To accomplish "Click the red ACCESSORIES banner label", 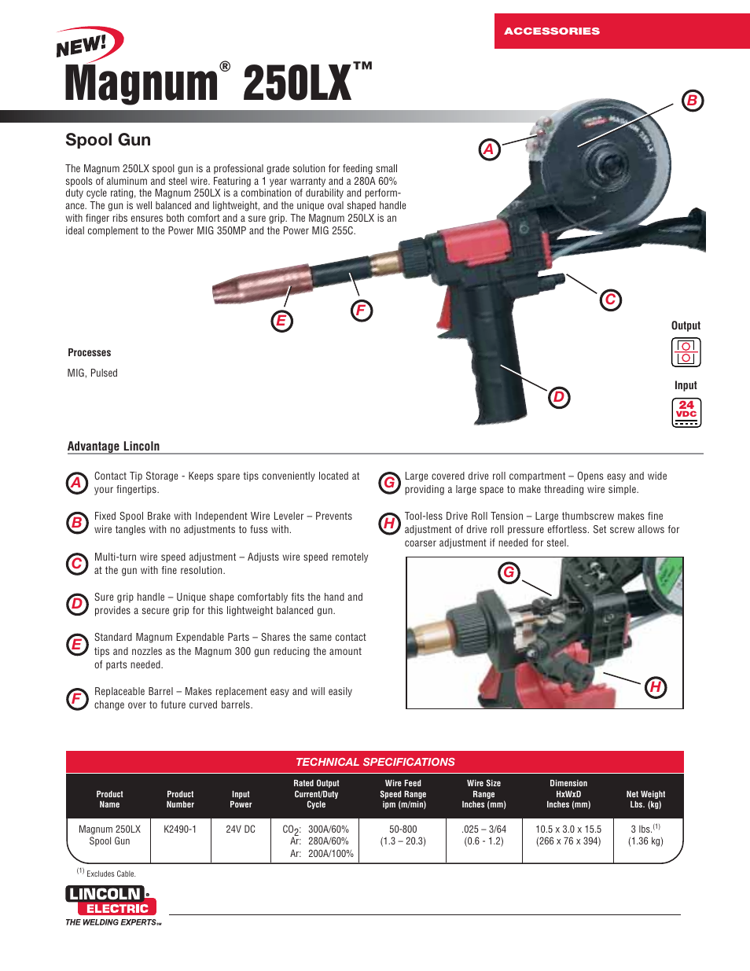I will tap(552, 31).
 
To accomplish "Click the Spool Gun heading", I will tap(108, 140).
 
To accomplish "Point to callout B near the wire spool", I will tap(692, 101).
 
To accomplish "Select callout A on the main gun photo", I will tap(489, 149).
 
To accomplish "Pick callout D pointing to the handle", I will tap(558, 397).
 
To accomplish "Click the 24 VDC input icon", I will tap(686, 412).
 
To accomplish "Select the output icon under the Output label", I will tap(686, 352).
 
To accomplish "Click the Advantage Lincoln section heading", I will tap(113, 447).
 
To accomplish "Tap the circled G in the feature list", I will tap(389, 483).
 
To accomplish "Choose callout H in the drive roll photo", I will tap(655, 687).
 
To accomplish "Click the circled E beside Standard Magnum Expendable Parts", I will tap(77, 645).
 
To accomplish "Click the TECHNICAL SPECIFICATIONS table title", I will tap(375, 762).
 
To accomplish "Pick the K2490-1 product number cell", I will tap(180, 829).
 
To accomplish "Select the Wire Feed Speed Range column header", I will tap(403, 794).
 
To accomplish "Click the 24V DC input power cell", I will tap(241, 829).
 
